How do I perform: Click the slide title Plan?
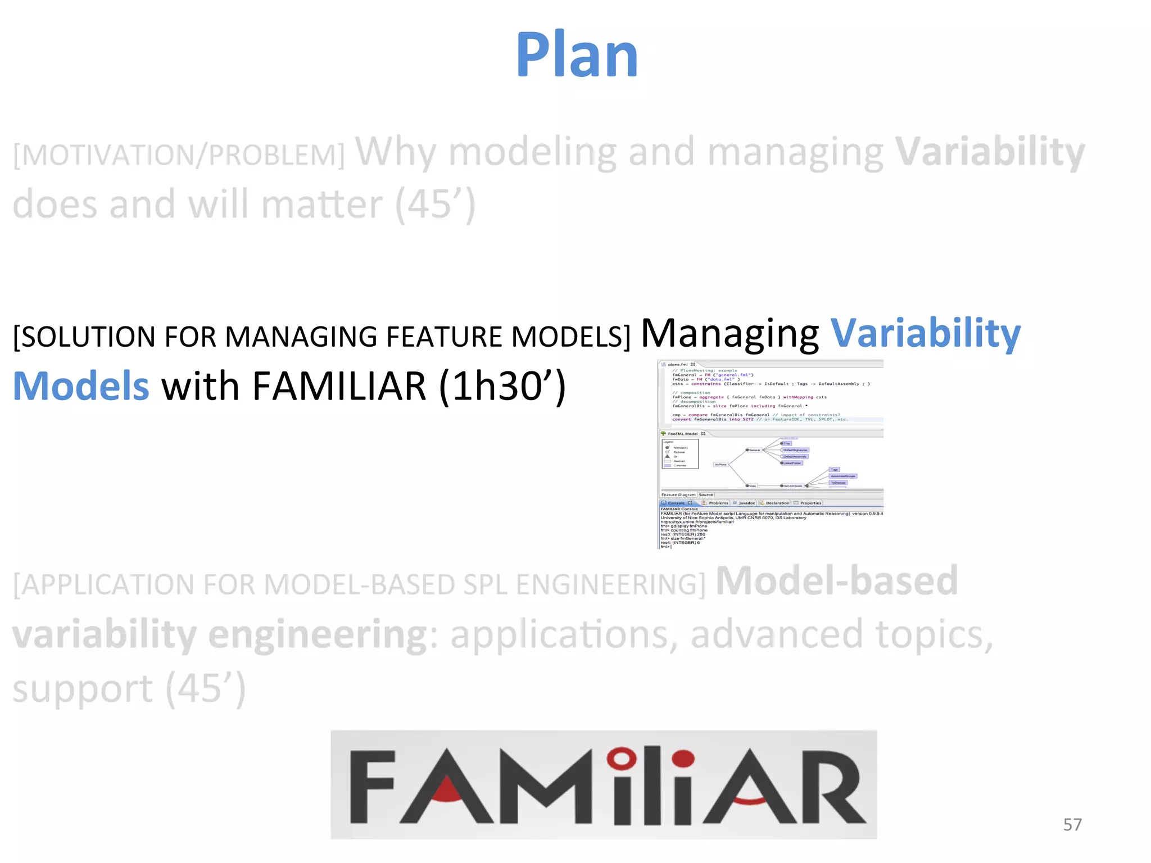(x=577, y=54)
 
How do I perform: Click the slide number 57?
(x=1072, y=824)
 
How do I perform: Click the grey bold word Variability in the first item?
(x=989, y=152)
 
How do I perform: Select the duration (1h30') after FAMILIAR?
(x=501, y=387)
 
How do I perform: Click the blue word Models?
(x=81, y=387)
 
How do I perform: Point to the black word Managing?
(x=729, y=334)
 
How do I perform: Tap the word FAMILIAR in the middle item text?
(x=339, y=387)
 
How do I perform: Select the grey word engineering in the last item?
(x=318, y=635)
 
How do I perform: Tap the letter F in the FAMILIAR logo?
(x=372, y=787)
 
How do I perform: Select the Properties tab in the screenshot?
(x=810, y=503)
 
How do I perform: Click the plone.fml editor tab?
(x=678, y=364)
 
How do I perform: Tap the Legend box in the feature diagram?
(x=680, y=454)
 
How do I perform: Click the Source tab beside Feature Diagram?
(x=706, y=494)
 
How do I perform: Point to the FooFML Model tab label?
(x=682, y=434)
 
